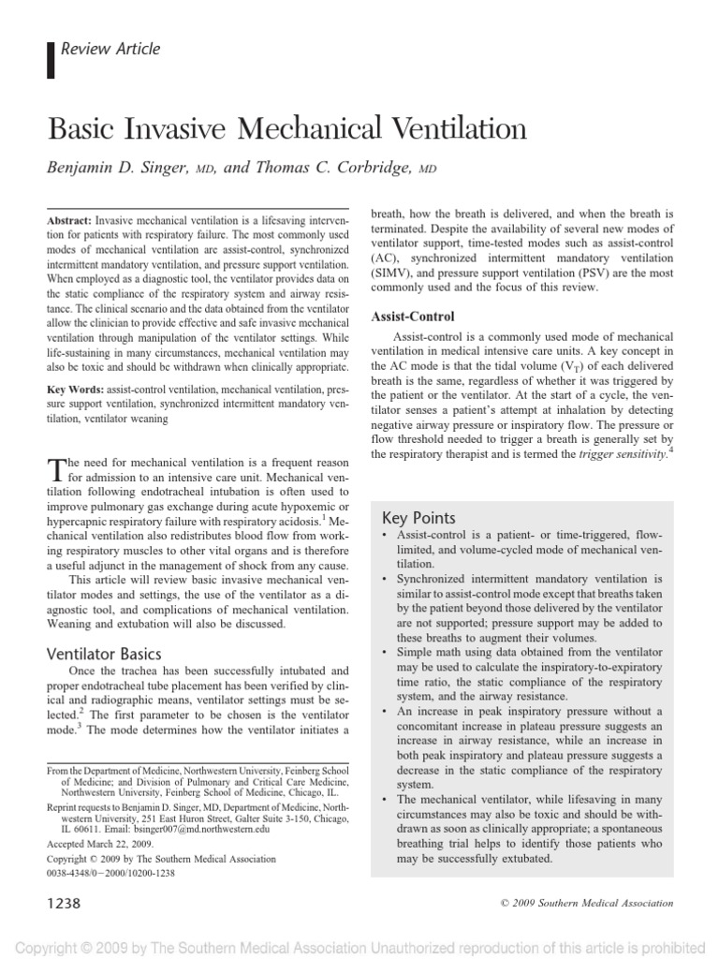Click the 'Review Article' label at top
[110, 49]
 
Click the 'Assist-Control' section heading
[413, 317]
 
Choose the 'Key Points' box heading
[419, 518]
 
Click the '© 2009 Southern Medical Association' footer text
[575, 903]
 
